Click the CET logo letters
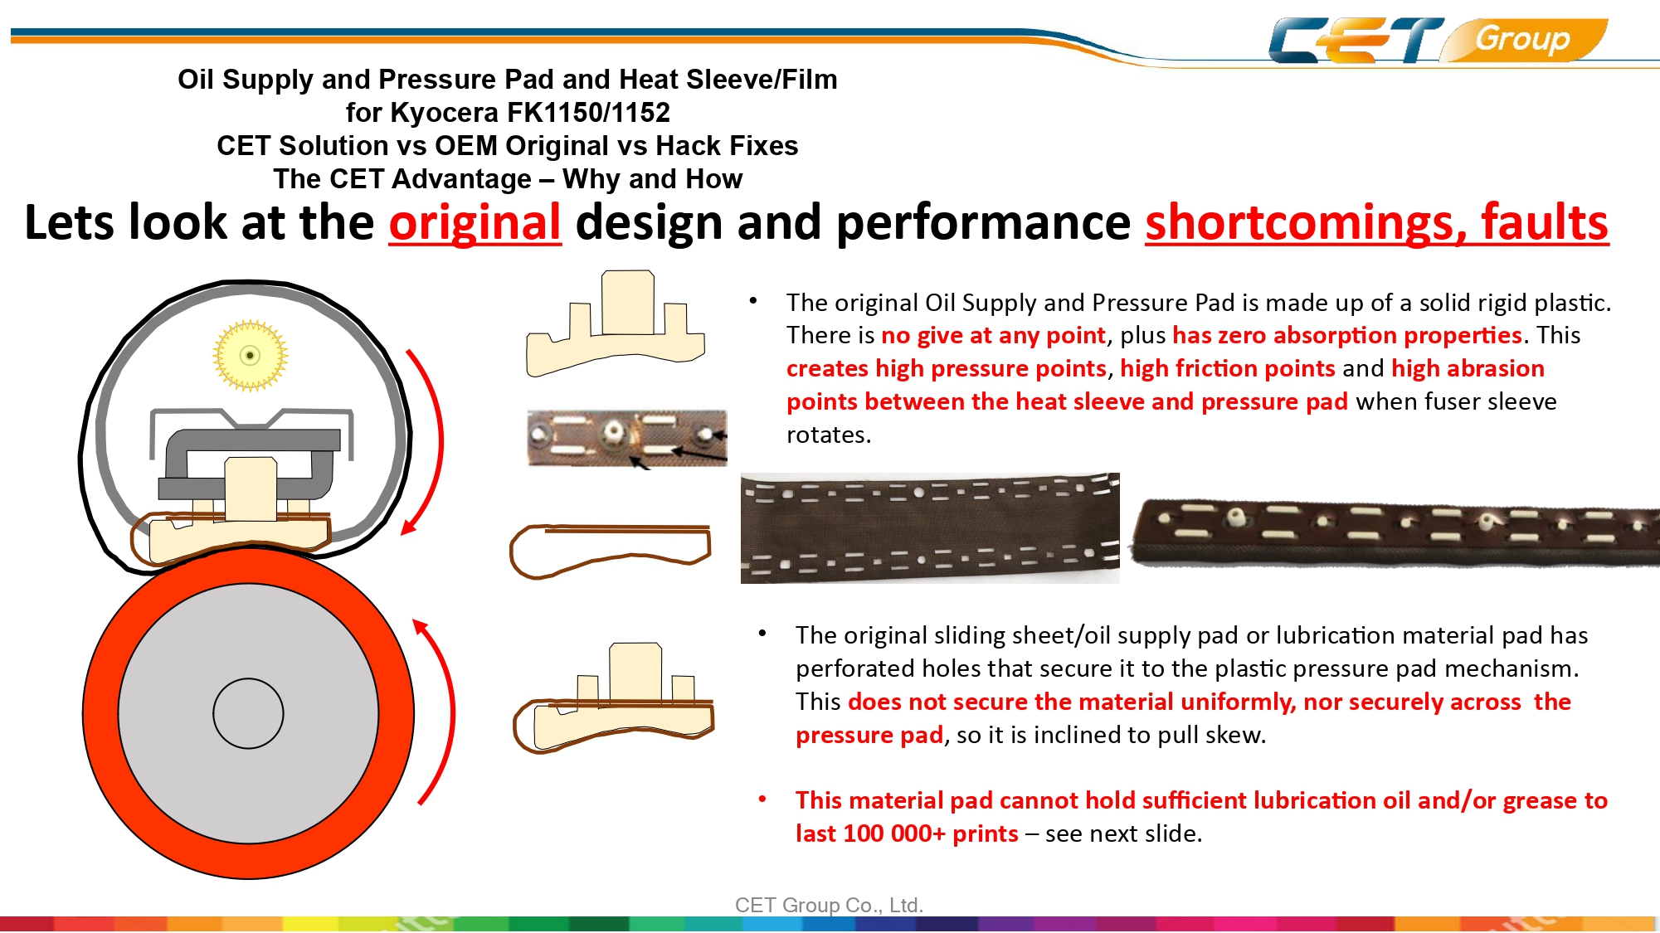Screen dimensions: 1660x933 click(1356, 40)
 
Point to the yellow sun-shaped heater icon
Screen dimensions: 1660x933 click(250, 355)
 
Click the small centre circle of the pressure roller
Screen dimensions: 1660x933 click(248, 713)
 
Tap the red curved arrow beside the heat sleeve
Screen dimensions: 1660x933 click(425, 442)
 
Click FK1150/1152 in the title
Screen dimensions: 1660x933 click(589, 112)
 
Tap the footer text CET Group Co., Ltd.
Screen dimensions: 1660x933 click(829, 905)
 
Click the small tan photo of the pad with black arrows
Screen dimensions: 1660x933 click(627, 438)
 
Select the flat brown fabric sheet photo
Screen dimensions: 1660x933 click(930, 528)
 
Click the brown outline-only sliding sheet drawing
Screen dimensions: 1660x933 click(611, 551)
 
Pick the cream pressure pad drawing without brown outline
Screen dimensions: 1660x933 click(616, 323)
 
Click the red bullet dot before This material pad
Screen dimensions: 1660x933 click(762, 799)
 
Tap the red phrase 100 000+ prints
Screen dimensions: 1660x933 click(930, 833)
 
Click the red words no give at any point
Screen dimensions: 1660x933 click(993, 335)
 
